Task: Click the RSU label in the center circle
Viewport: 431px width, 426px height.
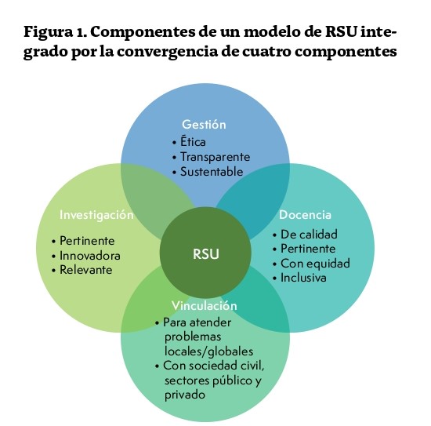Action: coord(206,253)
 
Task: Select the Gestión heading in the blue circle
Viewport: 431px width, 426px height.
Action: coord(204,125)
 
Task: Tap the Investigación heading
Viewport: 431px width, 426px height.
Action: coord(96,215)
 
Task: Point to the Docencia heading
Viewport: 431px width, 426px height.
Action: coord(305,215)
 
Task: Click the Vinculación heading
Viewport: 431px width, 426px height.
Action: coord(205,306)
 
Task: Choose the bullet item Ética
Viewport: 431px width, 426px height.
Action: coord(193,142)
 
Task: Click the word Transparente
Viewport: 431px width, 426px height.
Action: coord(215,157)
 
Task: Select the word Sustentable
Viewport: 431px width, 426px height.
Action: coord(212,172)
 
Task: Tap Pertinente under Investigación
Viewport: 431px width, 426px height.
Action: coord(87,241)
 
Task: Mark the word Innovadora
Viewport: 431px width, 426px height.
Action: coord(90,256)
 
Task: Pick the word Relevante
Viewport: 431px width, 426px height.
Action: coord(86,270)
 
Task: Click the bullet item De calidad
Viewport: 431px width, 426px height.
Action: coord(309,235)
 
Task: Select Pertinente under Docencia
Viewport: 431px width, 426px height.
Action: coord(308,249)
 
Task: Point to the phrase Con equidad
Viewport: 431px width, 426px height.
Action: coord(315,264)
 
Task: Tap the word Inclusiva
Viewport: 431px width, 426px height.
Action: coord(303,278)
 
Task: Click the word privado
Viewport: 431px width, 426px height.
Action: coord(185,395)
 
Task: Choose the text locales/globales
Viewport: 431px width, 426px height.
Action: coord(209,351)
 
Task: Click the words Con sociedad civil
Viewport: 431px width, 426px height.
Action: coord(214,366)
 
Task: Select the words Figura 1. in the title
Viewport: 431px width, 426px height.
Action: coord(56,32)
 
